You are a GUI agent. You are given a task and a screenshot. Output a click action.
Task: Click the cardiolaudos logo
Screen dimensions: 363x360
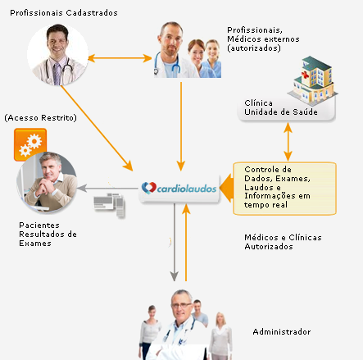pyautogui.click(x=179, y=188)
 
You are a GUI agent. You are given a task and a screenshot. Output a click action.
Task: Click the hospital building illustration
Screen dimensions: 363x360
pyautogui.click(x=313, y=80)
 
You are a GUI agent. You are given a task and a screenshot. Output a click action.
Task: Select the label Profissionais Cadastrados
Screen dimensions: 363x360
pyautogui.click(x=64, y=13)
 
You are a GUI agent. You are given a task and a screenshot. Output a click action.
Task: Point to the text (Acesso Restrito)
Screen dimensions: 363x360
pyautogui.click(x=41, y=118)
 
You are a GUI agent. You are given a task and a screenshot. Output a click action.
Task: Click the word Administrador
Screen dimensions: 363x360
pyautogui.click(x=282, y=332)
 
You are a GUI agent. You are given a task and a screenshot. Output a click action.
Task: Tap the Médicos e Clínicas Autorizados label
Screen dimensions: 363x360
pyautogui.click(x=283, y=242)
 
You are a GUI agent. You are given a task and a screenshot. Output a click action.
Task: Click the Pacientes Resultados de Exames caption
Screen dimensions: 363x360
pyautogui.click(x=48, y=235)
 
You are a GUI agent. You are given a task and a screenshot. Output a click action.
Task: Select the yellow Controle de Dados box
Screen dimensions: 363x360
pyautogui.click(x=284, y=189)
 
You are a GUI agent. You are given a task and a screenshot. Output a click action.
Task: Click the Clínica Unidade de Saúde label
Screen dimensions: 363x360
pyautogui.click(x=281, y=107)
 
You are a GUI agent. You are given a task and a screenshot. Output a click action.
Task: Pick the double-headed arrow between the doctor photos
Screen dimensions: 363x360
pyautogui.click(x=120, y=58)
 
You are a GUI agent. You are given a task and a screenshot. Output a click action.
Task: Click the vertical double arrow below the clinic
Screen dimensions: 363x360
pyautogui.click(x=288, y=142)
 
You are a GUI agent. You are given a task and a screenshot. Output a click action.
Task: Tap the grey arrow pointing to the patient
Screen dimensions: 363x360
pyautogui.click(x=107, y=188)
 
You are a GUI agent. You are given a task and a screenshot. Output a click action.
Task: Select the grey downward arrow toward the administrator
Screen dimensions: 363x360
pyautogui.click(x=175, y=242)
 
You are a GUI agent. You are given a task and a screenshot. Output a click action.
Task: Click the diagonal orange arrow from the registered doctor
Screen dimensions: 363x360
pyautogui.click(x=97, y=128)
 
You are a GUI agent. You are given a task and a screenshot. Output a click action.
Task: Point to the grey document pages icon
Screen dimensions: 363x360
pyautogui.click(x=109, y=205)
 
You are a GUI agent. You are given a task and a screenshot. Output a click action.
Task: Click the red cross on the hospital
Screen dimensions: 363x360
pyautogui.click(x=305, y=75)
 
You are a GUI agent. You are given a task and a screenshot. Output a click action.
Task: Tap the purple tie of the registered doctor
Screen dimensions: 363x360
pyautogui.click(x=56, y=74)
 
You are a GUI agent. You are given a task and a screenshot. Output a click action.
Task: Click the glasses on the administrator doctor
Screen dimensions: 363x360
pyautogui.click(x=181, y=305)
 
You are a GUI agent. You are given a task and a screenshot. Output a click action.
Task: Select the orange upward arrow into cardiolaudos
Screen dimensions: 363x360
pyautogui.click(x=186, y=242)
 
